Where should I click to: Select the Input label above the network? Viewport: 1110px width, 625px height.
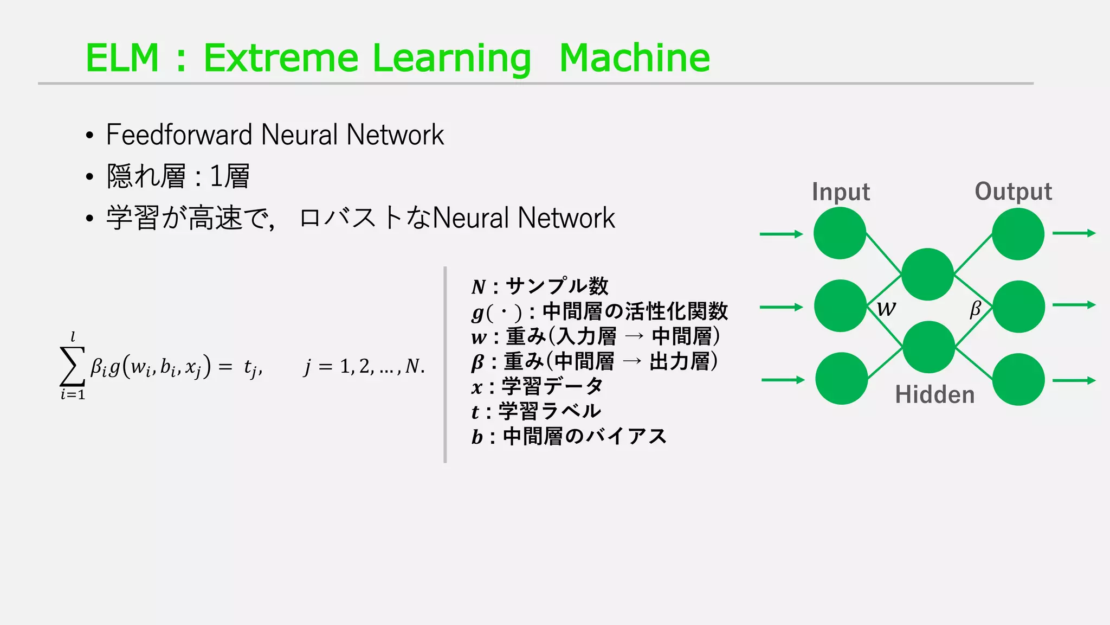pos(841,192)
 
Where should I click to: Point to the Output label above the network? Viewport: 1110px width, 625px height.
pos(1013,192)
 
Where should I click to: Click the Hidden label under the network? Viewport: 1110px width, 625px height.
pos(934,394)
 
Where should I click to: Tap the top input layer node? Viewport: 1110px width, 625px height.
pos(840,233)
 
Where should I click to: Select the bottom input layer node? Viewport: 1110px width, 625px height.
pos(841,379)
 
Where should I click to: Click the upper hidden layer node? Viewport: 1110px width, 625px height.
pos(927,275)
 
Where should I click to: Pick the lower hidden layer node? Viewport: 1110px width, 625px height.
pos(928,347)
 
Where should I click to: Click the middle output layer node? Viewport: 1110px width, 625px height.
pos(1018,307)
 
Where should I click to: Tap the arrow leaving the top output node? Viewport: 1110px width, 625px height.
pos(1074,233)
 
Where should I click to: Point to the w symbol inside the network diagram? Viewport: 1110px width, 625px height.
pos(886,309)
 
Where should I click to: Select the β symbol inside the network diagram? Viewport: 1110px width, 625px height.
pos(975,309)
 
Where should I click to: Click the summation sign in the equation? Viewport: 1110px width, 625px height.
pos(73,366)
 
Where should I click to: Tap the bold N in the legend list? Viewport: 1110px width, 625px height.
pos(478,287)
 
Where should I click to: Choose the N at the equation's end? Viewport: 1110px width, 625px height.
pos(413,367)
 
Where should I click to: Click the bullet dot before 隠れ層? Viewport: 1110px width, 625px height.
pos(90,177)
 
